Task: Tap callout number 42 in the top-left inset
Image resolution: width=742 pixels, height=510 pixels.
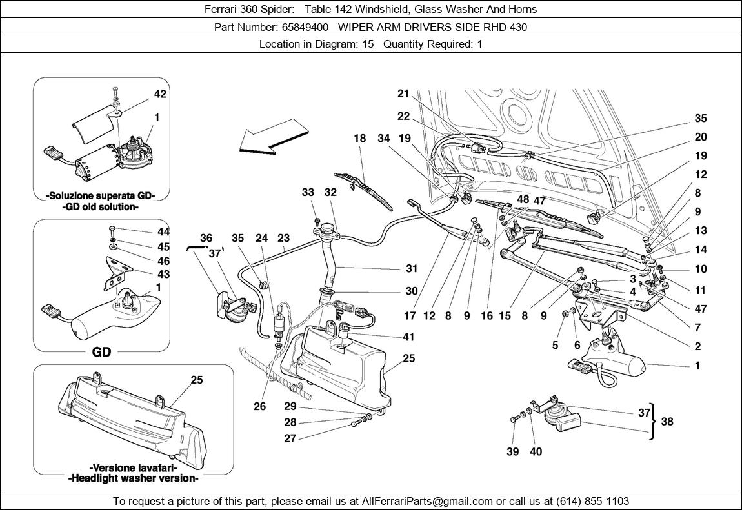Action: (x=160, y=94)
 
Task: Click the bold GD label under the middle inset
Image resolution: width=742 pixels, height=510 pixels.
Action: (x=101, y=352)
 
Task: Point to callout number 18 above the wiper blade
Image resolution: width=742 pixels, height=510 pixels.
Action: (x=359, y=138)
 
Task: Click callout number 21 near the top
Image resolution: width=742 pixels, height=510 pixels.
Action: (x=403, y=94)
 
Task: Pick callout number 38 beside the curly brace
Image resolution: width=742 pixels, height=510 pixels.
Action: (x=667, y=421)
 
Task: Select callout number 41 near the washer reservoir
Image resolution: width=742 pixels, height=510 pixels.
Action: (x=408, y=337)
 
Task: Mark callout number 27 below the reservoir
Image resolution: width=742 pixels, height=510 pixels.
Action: (x=290, y=438)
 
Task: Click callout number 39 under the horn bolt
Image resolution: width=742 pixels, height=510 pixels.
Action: (x=512, y=451)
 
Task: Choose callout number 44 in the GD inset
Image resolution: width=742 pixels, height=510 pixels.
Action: (x=163, y=231)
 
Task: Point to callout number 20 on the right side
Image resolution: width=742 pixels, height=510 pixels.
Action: (x=700, y=137)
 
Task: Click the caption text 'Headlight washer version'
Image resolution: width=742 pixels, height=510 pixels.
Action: (x=133, y=478)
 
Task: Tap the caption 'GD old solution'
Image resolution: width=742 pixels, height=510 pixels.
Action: (x=100, y=207)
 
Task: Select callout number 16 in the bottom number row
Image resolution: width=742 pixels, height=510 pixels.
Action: (x=486, y=316)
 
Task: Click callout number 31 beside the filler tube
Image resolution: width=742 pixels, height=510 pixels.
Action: (x=412, y=268)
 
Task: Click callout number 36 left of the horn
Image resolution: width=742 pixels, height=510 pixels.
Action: (x=205, y=238)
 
